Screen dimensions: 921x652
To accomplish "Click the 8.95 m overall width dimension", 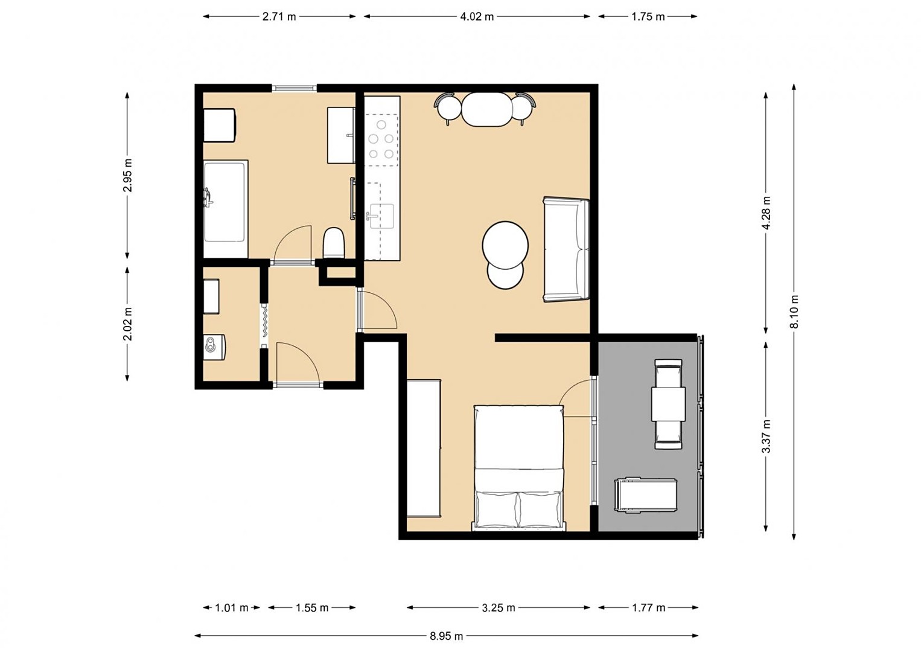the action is [x=446, y=636].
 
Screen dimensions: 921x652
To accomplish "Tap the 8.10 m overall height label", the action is [x=794, y=312].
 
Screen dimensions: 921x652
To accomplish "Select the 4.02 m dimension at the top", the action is [x=477, y=17].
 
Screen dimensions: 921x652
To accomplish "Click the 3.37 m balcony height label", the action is [x=765, y=436].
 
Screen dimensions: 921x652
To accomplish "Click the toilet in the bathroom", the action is [x=333, y=243].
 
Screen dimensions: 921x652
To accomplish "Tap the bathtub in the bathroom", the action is [x=226, y=209].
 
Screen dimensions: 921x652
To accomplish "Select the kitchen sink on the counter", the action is [x=381, y=216].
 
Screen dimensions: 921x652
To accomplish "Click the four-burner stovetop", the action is [x=381, y=139].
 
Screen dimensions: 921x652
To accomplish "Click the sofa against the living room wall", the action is [x=566, y=249].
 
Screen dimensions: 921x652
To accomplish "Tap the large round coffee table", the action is [x=505, y=246].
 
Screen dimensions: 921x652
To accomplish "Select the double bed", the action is [x=519, y=467].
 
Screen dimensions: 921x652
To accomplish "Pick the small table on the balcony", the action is [x=669, y=403].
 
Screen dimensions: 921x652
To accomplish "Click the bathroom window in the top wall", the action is [x=294, y=88].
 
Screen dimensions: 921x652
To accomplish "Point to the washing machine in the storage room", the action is [x=214, y=347].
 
